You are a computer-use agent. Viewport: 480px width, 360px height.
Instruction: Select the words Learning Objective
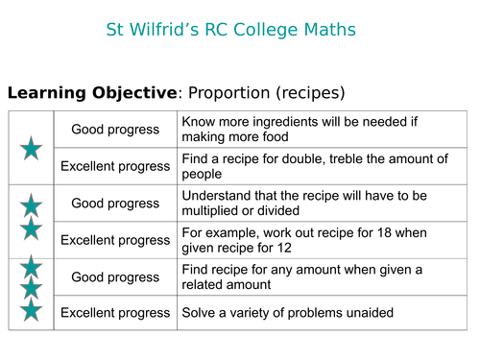coord(92,93)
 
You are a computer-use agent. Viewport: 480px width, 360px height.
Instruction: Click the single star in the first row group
coord(32,148)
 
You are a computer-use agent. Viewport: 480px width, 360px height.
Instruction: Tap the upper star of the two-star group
coord(32,205)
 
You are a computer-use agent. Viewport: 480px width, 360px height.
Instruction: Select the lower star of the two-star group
coord(32,228)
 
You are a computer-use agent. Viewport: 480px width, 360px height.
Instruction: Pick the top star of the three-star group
coord(32,267)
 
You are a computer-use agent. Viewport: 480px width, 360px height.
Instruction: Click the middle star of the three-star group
coord(32,288)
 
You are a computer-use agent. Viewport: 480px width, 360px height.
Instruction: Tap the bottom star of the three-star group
coord(32,310)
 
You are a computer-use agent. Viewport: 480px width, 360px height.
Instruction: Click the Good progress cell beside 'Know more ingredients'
coord(115,130)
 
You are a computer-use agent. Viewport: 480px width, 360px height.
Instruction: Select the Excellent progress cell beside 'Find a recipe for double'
coord(115,166)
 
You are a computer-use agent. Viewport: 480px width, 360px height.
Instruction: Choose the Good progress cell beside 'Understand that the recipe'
coord(115,204)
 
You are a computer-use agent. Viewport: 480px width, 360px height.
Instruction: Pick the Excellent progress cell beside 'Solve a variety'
coord(115,313)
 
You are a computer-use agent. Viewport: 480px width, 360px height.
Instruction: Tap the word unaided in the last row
coord(366,313)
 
